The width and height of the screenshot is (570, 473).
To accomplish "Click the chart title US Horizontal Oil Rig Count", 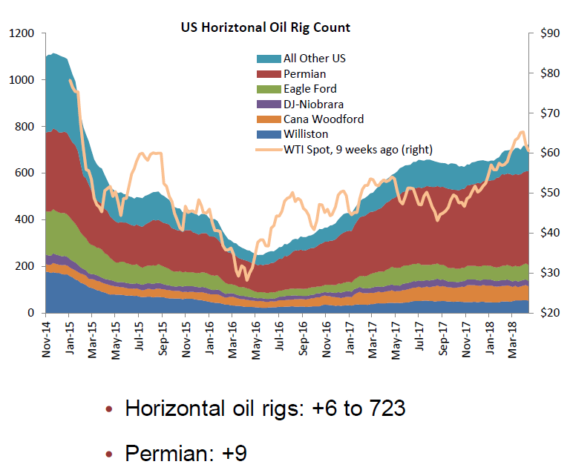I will (x=266, y=27).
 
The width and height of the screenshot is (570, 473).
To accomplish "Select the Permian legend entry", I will (x=304, y=73).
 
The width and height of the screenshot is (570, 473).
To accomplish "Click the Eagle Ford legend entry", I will (x=309, y=89).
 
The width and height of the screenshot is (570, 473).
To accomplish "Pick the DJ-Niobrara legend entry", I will (x=313, y=104).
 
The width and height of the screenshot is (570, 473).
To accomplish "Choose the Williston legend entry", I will (x=304, y=134).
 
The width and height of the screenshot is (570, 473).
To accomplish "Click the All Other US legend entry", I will (x=314, y=58).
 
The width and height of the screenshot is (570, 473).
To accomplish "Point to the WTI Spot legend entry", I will (x=358, y=149).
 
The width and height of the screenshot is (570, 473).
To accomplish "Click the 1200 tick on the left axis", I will (x=22, y=33).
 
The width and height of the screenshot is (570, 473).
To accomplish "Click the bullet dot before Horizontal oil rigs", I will (x=110, y=409).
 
